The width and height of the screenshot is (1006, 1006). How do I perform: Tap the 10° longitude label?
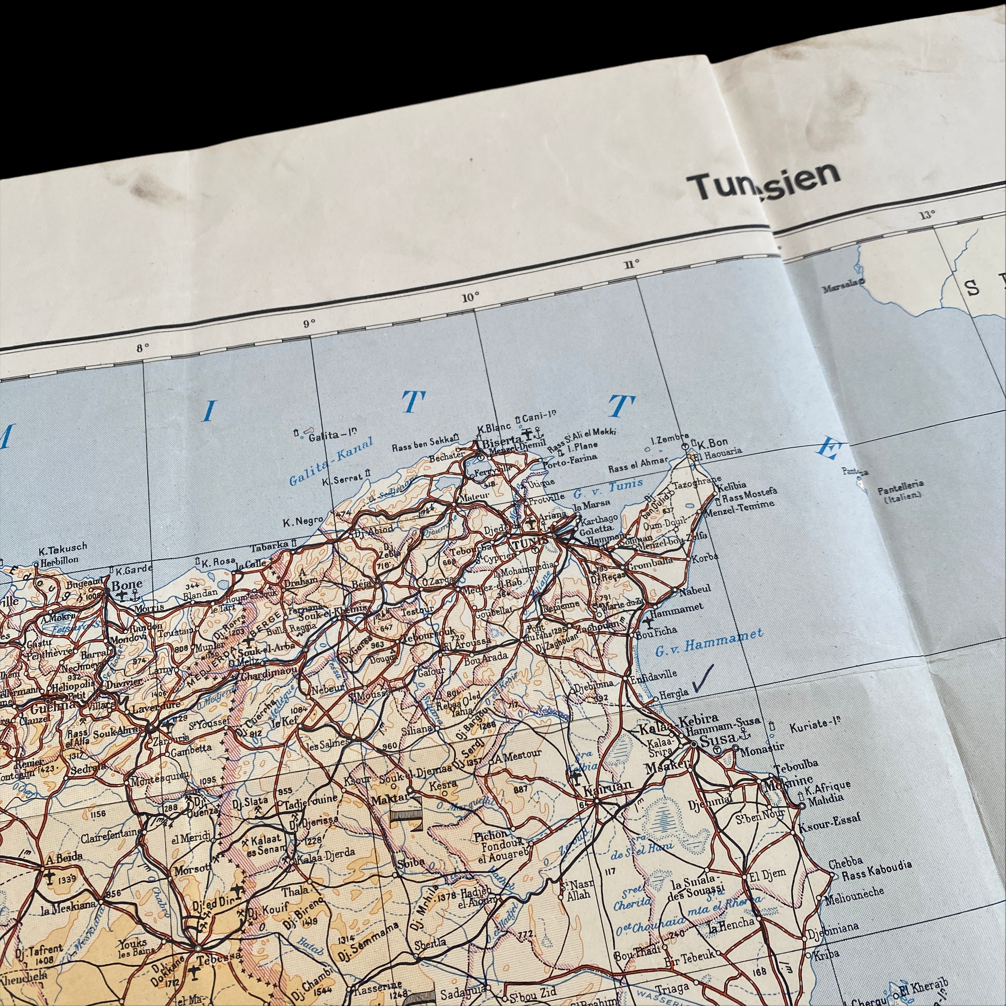coord(470,297)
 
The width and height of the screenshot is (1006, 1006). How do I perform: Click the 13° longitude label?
coord(927,215)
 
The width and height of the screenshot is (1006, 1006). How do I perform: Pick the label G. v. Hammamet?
coord(709,640)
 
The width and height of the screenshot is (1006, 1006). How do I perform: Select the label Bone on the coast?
coord(127,585)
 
